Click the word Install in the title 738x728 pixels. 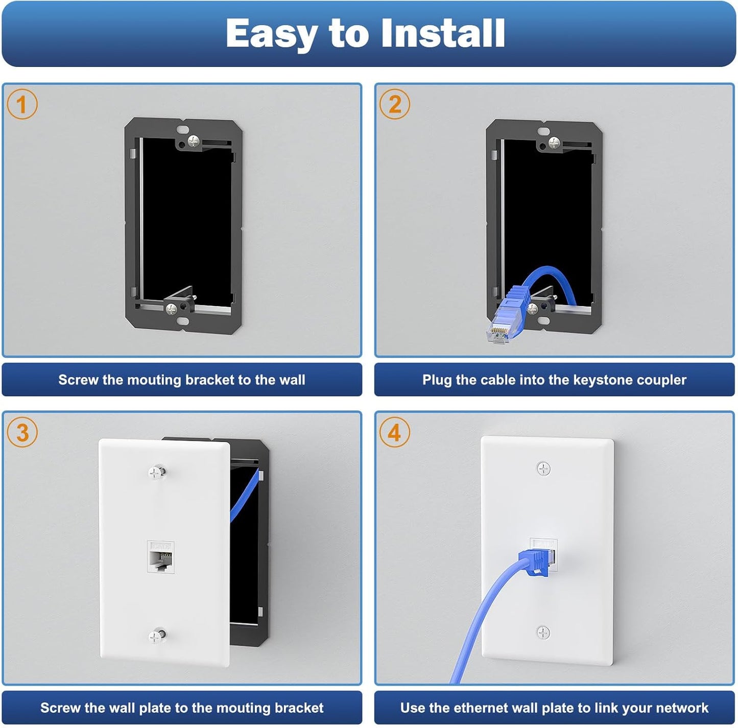coord(443,33)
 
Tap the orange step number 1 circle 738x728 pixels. coord(22,104)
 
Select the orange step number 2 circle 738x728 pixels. coord(394,104)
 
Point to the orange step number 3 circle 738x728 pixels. coord(22,432)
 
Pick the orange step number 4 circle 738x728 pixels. coord(394,432)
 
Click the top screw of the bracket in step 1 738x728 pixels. coord(193,141)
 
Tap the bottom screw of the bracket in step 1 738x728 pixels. coord(171,308)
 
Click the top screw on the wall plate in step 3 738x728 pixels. coord(156,472)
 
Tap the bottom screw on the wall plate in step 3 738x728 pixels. coord(156,636)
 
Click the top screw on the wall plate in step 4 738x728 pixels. coord(543,468)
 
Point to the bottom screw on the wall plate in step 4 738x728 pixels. coord(543,632)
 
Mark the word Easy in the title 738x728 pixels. coord(271,33)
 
